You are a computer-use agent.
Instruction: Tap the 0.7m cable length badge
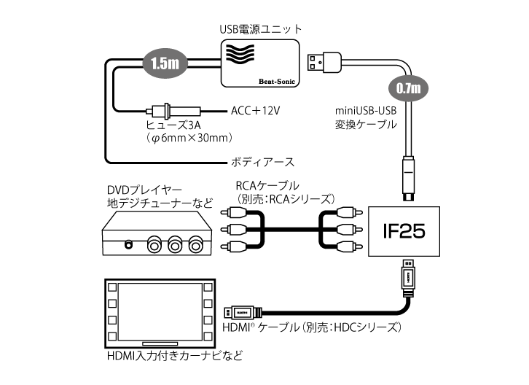409,88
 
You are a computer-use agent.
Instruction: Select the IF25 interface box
403,231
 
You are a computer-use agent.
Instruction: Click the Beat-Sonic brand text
275,80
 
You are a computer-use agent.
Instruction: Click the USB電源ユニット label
260,29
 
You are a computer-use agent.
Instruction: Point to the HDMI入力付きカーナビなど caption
173,357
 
